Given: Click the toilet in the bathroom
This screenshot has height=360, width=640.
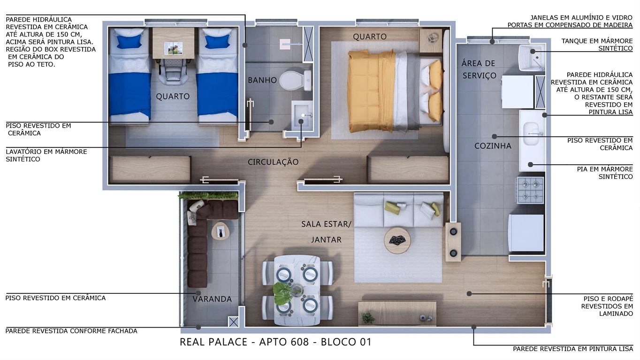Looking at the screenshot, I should (x=297, y=80).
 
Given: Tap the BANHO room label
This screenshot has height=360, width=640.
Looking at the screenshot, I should (x=262, y=80).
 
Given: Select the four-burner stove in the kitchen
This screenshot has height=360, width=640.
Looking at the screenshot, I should (x=530, y=190).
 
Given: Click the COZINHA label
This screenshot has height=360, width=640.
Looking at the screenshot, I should (x=493, y=146).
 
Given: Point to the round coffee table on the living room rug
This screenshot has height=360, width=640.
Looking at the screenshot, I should (x=397, y=240).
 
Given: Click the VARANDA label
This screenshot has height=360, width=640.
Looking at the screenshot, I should (x=213, y=299).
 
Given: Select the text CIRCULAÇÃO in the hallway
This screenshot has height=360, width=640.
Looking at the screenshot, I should (x=273, y=162).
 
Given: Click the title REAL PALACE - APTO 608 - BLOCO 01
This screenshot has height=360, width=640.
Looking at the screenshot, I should (x=275, y=342).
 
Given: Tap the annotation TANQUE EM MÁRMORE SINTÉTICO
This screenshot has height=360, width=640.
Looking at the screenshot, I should (x=597, y=45).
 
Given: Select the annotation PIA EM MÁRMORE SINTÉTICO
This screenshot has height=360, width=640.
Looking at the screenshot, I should (x=604, y=173).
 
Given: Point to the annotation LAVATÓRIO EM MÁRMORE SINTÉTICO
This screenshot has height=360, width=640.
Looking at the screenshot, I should (x=46, y=155).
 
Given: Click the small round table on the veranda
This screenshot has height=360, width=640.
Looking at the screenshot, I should (x=221, y=230).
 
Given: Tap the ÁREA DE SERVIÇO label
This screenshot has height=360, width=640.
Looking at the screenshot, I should (x=478, y=69).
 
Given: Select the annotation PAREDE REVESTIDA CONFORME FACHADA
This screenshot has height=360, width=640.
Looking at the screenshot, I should (x=71, y=331).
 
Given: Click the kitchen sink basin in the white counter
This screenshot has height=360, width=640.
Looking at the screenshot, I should (x=531, y=130).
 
